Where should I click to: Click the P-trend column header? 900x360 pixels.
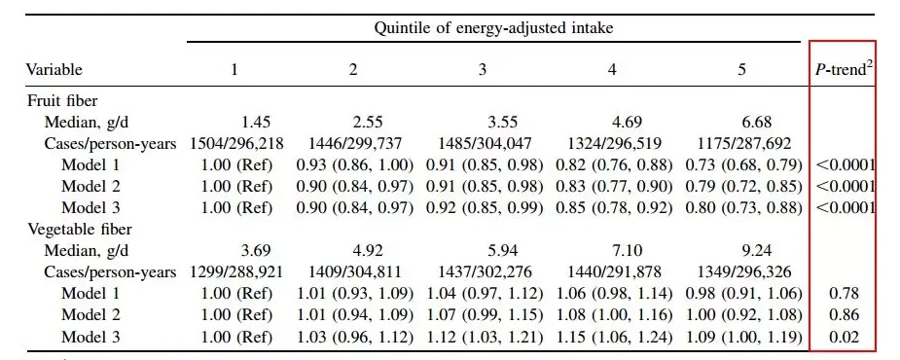[843, 69]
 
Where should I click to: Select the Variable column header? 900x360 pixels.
[54, 70]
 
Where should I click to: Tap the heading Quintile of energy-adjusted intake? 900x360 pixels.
[493, 28]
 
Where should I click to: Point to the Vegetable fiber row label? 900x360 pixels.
[80, 230]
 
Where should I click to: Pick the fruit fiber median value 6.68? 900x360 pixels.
[742, 123]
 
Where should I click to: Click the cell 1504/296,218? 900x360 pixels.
[237, 144]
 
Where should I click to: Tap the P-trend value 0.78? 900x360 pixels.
[844, 294]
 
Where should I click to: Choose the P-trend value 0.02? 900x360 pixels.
[844, 337]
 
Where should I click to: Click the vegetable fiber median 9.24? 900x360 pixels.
[742, 251]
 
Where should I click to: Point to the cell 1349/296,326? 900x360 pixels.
[742, 272]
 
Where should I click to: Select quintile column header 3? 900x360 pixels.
[483, 69]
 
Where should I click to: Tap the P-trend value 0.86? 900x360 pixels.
[844, 315]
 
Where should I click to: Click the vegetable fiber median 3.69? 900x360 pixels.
[256, 251]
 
